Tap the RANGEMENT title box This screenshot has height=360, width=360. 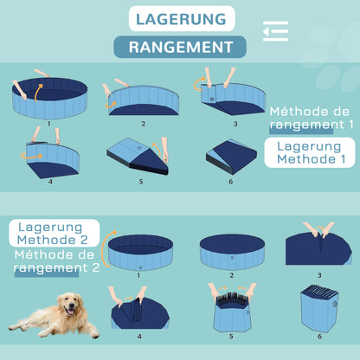point(180,47)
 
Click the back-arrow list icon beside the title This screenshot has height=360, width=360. point(275,30)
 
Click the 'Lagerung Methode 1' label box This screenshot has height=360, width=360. point(310,153)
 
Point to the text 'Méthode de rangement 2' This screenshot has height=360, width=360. point(54,261)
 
